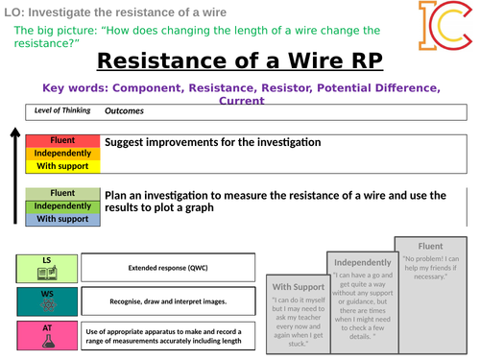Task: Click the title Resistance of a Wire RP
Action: [239, 62]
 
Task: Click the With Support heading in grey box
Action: [298, 286]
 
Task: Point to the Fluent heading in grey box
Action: [427, 244]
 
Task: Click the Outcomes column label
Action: [124, 110]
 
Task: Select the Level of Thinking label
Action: [62, 110]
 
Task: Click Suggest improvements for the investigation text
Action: [212, 142]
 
